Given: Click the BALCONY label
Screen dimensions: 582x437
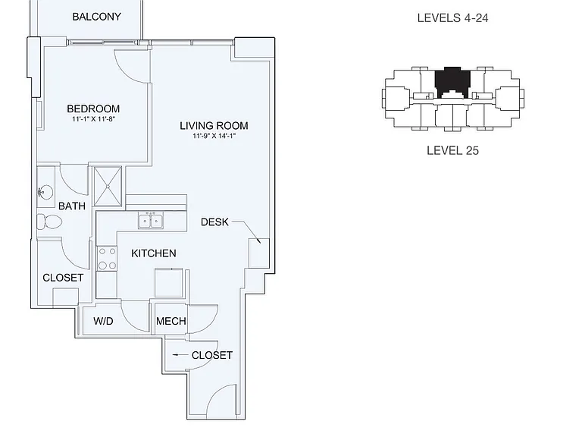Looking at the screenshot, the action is (96, 17).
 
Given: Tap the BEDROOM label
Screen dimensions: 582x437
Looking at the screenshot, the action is (93, 109).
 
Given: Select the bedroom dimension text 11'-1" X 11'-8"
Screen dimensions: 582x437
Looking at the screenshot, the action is (93, 119).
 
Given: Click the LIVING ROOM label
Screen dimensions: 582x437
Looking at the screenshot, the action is (214, 126).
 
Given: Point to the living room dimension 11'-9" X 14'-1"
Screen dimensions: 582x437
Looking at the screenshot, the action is (214, 136).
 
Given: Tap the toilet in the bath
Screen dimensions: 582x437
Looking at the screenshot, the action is (49, 222).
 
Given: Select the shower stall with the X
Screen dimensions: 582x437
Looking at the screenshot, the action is (108, 187).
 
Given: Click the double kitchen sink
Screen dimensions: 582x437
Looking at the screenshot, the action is (151, 221).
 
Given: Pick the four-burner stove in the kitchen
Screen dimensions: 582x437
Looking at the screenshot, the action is (107, 259).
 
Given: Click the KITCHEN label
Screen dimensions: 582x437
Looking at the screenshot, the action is (154, 253).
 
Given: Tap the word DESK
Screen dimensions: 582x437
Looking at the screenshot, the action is (214, 222).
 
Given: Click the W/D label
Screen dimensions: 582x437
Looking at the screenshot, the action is (103, 321).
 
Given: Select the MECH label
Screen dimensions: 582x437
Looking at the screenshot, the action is (171, 321).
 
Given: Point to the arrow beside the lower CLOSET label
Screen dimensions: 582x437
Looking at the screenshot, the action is (180, 355).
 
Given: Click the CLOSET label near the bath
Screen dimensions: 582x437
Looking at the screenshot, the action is (63, 278).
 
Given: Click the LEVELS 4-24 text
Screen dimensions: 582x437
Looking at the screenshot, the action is (452, 18).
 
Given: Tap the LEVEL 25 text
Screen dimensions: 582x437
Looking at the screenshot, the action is (452, 150).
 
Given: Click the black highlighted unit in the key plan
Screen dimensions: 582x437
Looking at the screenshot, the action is (452, 81).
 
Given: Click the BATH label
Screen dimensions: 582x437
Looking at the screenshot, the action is (72, 206).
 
